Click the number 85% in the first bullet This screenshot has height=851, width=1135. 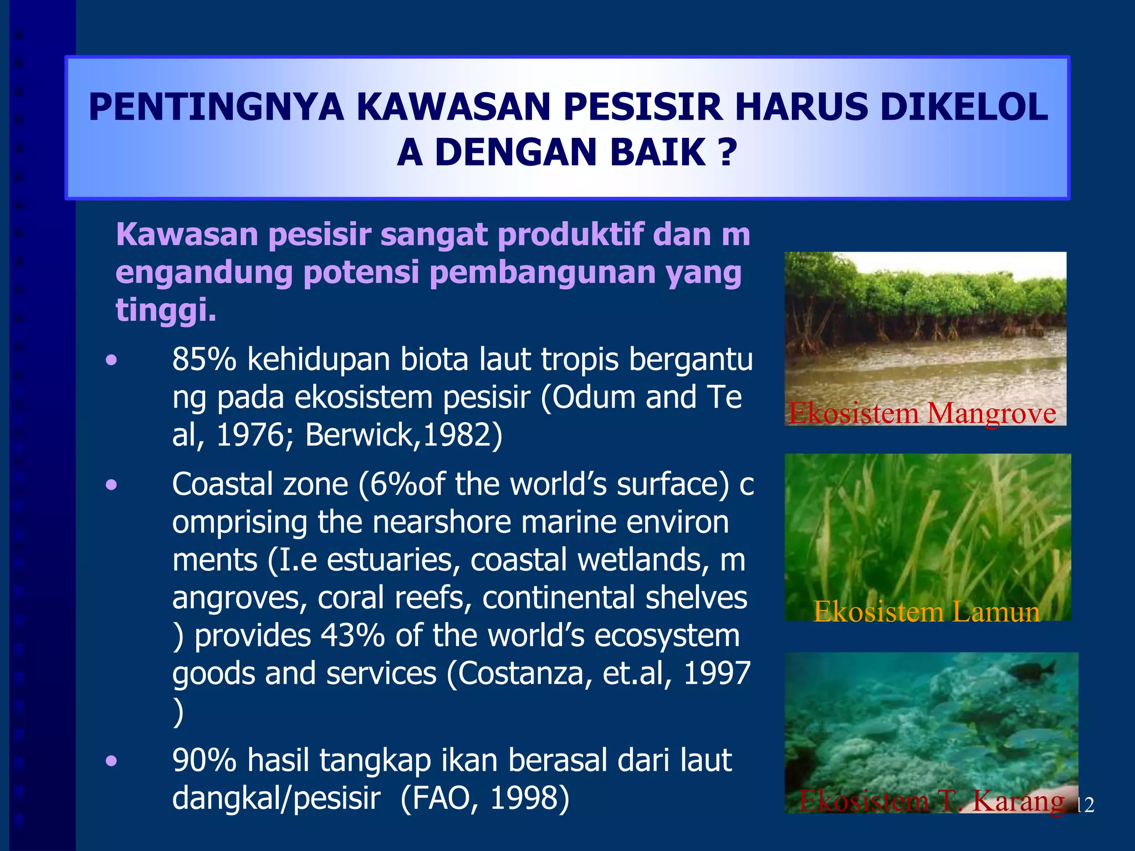pyautogui.click(x=204, y=360)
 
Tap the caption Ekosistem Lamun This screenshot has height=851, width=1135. pyautogui.click(x=926, y=612)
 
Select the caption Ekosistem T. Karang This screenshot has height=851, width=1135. pyautogui.click(x=932, y=801)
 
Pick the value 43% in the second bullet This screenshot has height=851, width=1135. pyautogui.click(x=352, y=636)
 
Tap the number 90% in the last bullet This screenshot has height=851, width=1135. pyautogui.click(x=204, y=761)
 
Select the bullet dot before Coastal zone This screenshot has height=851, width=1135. pyautogui.click(x=112, y=486)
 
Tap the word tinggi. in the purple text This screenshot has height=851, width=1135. pyautogui.click(x=166, y=310)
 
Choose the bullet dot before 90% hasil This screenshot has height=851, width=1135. pyautogui.click(x=112, y=761)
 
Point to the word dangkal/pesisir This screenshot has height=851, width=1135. pyautogui.click(x=276, y=798)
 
